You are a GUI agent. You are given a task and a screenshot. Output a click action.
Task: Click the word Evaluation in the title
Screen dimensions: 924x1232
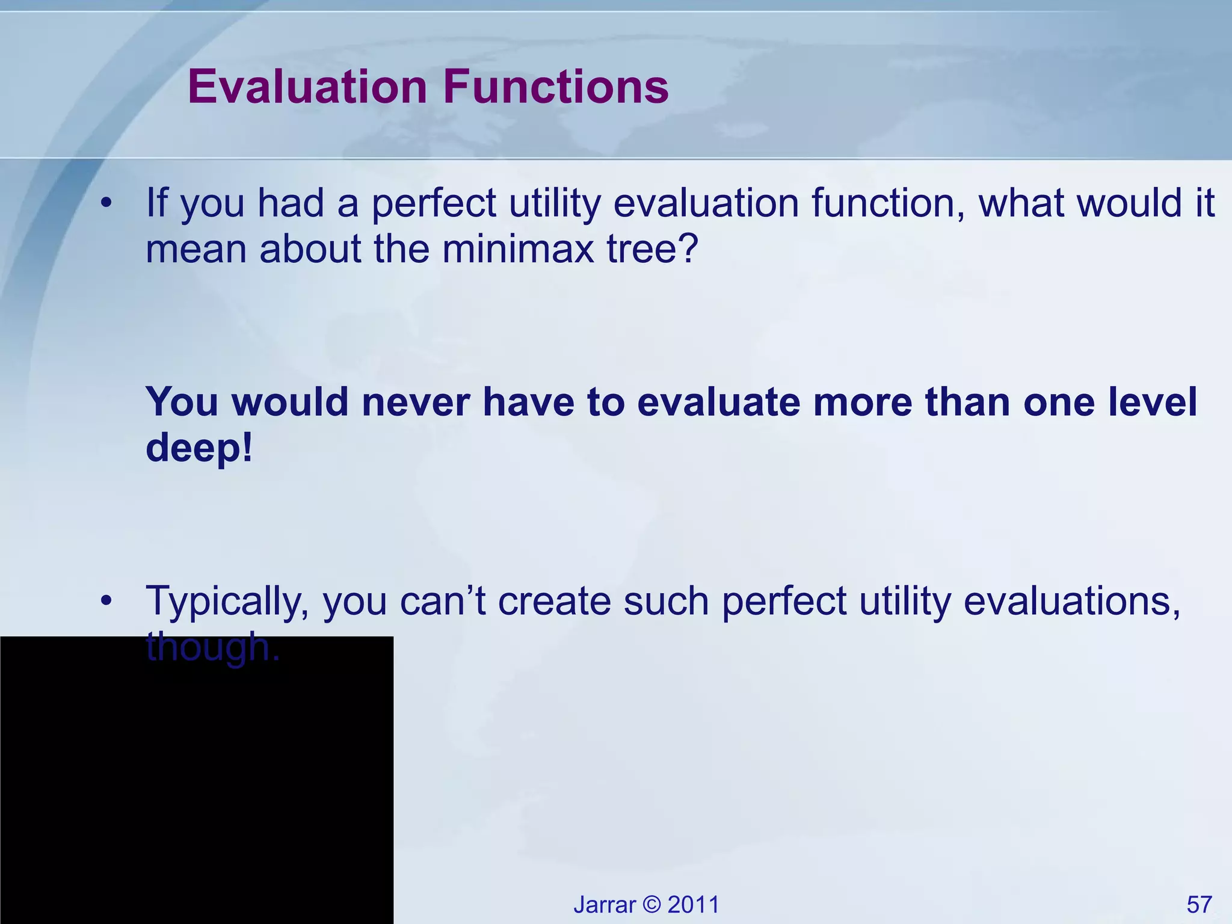[x=307, y=87]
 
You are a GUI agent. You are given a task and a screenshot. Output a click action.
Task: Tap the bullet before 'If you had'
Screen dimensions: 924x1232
[x=106, y=204]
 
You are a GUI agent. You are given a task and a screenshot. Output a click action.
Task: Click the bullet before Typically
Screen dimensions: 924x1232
[x=106, y=601]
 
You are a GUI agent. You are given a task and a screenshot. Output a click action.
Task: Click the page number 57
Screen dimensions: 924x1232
[x=1199, y=904]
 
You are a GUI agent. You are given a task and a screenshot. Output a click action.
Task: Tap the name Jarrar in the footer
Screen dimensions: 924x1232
[x=605, y=904]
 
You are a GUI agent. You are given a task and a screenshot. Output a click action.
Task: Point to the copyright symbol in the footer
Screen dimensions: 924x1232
[x=651, y=904]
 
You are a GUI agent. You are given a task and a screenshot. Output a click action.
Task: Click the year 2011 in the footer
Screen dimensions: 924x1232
[x=693, y=904]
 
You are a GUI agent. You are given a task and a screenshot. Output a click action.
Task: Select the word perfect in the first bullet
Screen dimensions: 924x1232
[x=434, y=203]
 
